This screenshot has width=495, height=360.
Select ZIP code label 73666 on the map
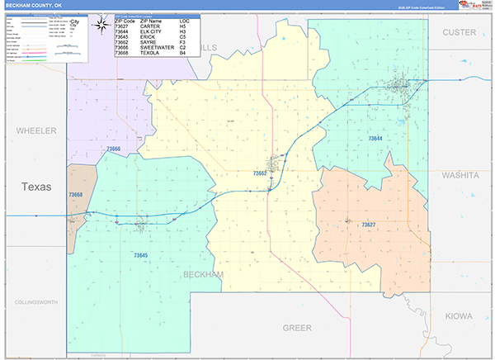114,149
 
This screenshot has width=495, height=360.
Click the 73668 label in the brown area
76,195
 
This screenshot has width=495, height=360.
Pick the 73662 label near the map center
261,173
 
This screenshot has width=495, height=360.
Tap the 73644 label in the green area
375,139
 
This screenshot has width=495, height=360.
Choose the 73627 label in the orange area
368,224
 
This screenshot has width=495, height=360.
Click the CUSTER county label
460,32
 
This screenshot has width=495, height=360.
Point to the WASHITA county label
460,176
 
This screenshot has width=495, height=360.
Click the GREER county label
297,328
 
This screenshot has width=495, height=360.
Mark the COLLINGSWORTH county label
36,303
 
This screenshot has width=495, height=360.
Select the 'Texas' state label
36,187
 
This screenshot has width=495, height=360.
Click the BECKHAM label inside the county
203,274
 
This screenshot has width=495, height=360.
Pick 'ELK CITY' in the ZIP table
153,31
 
